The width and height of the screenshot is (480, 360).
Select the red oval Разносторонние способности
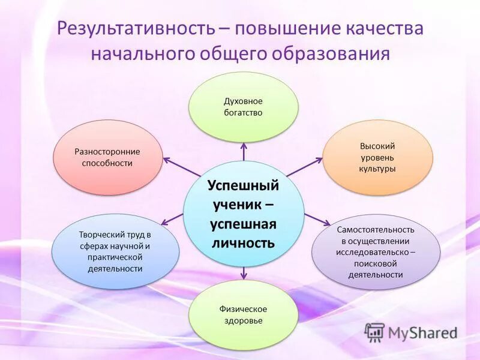[x=108, y=157]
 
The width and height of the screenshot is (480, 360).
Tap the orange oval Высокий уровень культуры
[x=377, y=157]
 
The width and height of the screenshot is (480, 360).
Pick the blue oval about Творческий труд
[x=115, y=251]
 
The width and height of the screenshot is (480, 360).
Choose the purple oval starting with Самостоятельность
[x=376, y=252]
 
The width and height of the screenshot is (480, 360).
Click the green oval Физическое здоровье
[x=243, y=315]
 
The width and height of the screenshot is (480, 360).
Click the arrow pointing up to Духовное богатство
[x=243, y=151]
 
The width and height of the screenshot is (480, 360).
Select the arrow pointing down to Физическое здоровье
[x=243, y=273]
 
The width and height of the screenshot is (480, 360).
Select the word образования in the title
[x=335, y=53]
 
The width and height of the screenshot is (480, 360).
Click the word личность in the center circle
[x=243, y=243]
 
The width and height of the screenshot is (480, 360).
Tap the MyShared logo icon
[x=374, y=332]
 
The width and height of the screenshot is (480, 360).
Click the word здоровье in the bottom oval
[x=243, y=321]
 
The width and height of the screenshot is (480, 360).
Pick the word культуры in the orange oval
[x=377, y=169]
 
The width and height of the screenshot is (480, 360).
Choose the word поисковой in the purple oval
[x=376, y=263]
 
